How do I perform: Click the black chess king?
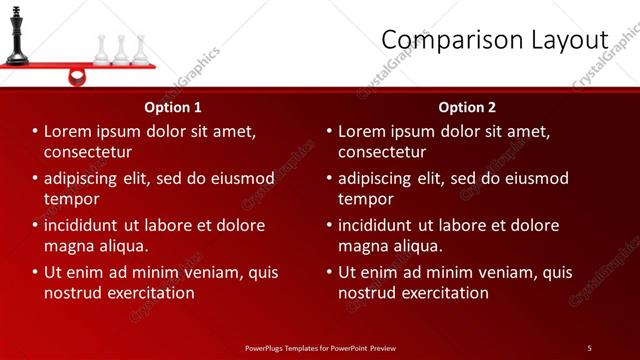click(17, 36)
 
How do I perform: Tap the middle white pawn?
click(121, 50)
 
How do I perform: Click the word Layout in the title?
click(563, 39)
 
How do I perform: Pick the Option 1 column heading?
click(173, 107)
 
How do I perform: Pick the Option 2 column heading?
click(467, 107)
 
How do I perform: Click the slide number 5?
click(589, 348)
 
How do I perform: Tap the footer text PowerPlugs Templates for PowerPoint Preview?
click(320, 348)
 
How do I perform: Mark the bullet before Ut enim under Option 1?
click(36, 272)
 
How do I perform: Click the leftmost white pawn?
click(101, 50)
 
